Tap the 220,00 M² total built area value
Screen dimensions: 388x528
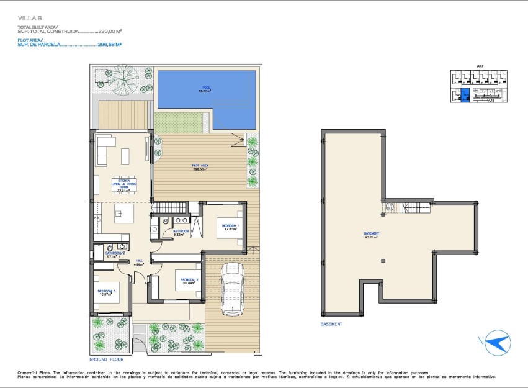click(110, 31)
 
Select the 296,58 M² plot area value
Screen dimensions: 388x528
click(110, 45)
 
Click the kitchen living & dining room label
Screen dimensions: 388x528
click(124, 186)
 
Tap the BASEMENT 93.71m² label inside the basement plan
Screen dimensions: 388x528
click(372, 235)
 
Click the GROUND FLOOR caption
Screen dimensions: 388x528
click(107, 359)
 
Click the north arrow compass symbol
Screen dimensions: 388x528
click(497, 341)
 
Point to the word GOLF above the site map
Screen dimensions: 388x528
click(479, 65)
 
